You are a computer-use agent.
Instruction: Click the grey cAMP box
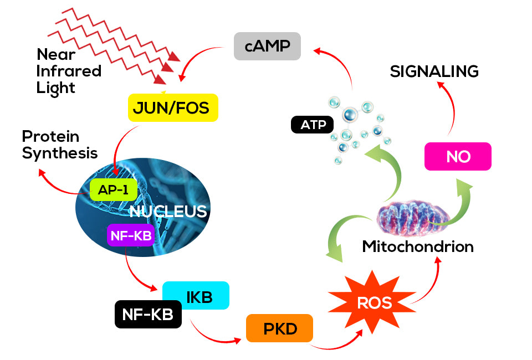[267, 46]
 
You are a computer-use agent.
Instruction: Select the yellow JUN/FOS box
[173, 107]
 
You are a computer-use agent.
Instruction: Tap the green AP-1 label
[113, 189]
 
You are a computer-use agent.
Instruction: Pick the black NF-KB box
[148, 315]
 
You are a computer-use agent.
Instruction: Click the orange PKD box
[280, 328]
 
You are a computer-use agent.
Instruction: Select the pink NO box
[458, 156]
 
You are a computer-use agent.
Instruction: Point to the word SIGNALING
[434, 71]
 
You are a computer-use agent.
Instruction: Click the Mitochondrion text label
[418, 246]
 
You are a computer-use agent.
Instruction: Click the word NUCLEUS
[168, 211]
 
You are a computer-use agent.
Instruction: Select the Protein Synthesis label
[59, 145]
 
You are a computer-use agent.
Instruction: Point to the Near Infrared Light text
[68, 71]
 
